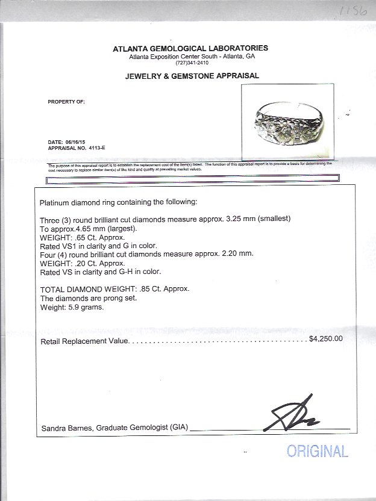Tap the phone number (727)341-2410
[x=192, y=63]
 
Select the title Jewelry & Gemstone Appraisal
[x=192, y=76]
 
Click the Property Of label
[x=66, y=102]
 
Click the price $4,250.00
[x=325, y=339]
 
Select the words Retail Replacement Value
[x=84, y=342]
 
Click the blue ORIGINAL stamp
[x=317, y=451]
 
